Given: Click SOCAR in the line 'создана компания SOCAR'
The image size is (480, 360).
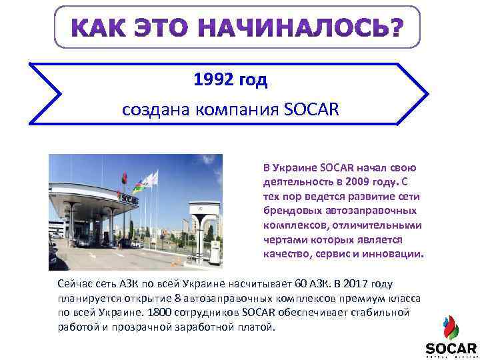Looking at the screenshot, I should click(311, 109).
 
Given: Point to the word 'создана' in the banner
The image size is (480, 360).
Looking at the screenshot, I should click(151, 110).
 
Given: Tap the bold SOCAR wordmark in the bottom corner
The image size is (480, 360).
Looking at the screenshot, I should click(451, 348).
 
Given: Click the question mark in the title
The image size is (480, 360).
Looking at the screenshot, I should click(395, 28).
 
